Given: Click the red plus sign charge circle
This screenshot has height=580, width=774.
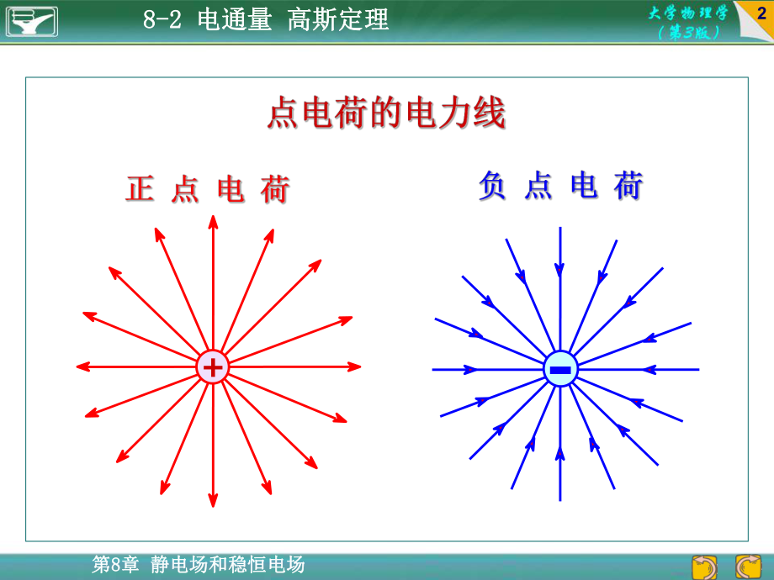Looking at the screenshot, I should pyautogui.click(x=213, y=367).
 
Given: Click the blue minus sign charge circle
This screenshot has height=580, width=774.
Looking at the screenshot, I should pyautogui.click(x=560, y=369).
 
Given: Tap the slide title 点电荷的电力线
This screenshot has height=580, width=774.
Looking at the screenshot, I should pyautogui.click(x=386, y=113).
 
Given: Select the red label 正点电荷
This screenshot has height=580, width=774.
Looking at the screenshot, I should pyautogui.click(x=208, y=189).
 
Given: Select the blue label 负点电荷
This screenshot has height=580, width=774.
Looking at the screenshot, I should pyautogui.click(x=560, y=186).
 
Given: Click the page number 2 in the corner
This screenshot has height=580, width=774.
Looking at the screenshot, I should pyautogui.click(x=761, y=13).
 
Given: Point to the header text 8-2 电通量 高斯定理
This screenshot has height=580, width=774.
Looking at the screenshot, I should pyautogui.click(x=266, y=20).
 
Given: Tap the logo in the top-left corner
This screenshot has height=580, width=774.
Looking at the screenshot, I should pyautogui.click(x=32, y=20).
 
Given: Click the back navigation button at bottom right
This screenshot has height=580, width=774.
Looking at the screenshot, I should pyautogui.click(x=704, y=567).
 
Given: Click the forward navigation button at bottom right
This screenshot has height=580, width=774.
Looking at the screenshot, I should pyautogui.click(x=748, y=567).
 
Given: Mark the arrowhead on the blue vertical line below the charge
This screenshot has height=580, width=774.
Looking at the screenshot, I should pyautogui.click(x=560, y=454).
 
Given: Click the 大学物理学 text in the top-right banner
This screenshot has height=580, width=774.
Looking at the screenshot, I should pyautogui.click(x=688, y=13).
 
